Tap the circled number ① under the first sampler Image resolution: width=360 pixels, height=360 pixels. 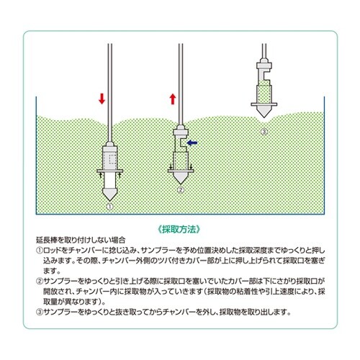pos(110,206)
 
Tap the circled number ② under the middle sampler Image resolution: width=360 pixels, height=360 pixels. pos(181,191)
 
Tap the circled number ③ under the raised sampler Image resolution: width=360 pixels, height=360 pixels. pos(264,132)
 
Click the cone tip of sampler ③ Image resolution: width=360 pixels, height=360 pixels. pos(264,118)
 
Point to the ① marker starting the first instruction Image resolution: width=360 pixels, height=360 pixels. pos(38,250)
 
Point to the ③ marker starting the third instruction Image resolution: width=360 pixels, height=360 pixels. pos(38,312)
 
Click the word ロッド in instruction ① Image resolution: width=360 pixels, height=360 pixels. pos(52,250)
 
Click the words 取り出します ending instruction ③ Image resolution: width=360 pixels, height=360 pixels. pos(273,312)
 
